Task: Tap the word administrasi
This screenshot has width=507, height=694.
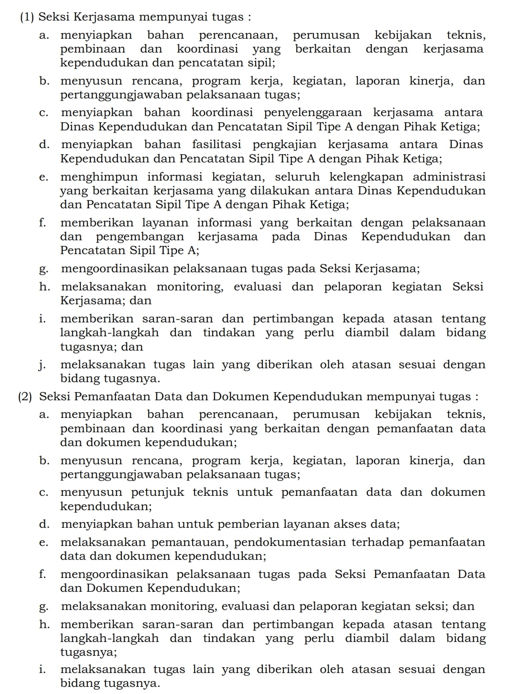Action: (449, 177)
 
